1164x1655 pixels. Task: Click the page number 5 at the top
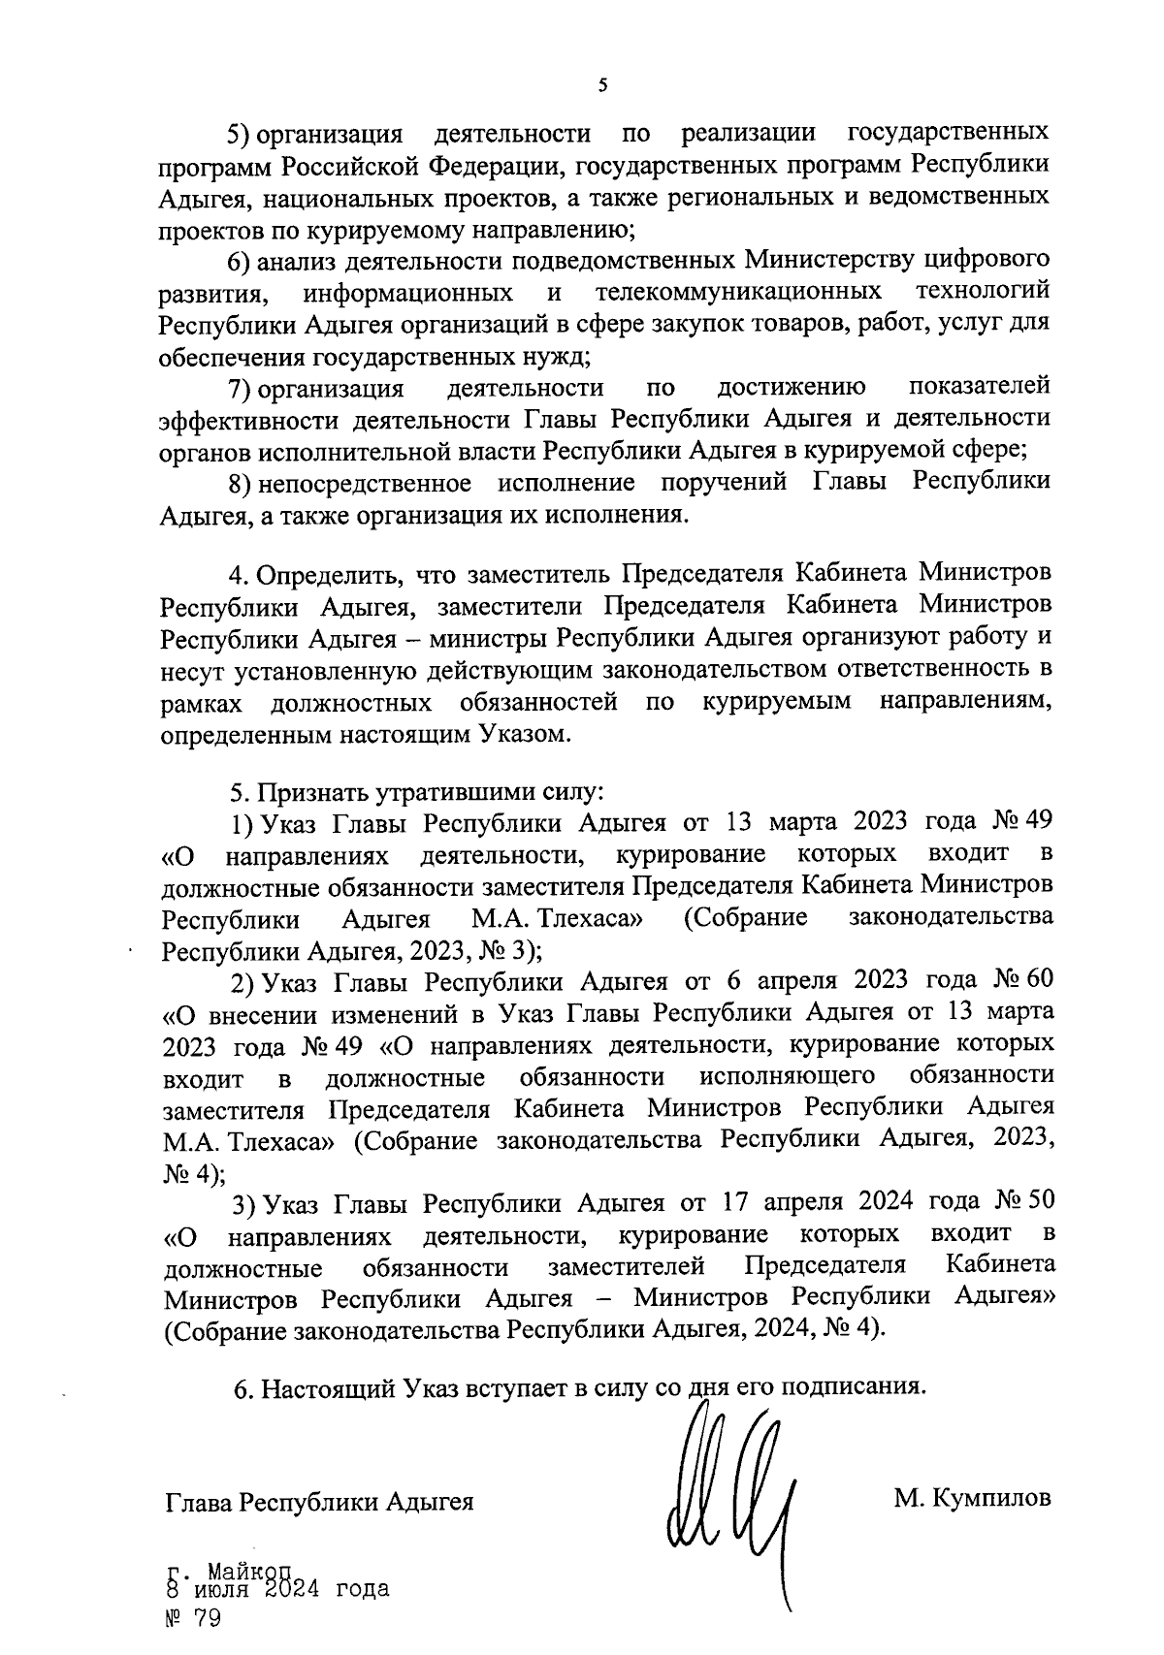(x=602, y=86)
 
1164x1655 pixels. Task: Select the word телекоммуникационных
(x=738, y=291)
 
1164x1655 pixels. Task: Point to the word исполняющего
(x=788, y=1075)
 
